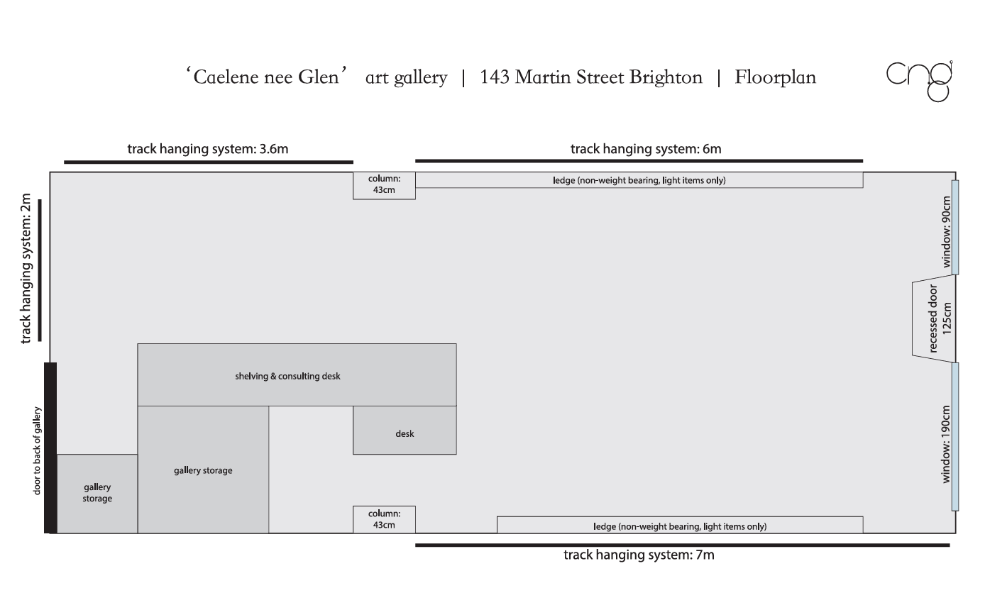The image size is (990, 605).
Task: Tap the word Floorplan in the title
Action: (x=775, y=77)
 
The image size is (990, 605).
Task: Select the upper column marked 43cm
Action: (x=384, y=185)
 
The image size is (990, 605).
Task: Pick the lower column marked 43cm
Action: (x=384, y=519)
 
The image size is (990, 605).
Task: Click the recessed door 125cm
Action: (x=933, y=318)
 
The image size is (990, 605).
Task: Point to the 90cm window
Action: (x=955, y=227)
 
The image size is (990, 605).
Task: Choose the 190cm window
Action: (x=955, y=436)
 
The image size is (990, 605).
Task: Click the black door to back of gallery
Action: (x=50, y=448)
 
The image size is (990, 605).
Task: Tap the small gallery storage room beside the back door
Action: (x=97, y=494)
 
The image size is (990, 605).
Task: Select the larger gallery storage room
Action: (x=203, y=470)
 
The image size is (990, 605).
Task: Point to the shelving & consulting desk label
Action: (x=287, y=376)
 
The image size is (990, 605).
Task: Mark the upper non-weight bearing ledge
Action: (x=639, y=180)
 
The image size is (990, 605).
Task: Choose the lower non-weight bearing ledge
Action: (x=679, y=526)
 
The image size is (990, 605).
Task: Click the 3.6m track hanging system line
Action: (x=208, y=162)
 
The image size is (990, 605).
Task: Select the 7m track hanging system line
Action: (x=681, y=545)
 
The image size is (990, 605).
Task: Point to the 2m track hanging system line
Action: (x=40, y=270)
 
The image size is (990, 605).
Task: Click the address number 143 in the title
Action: (x=494, y=77)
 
